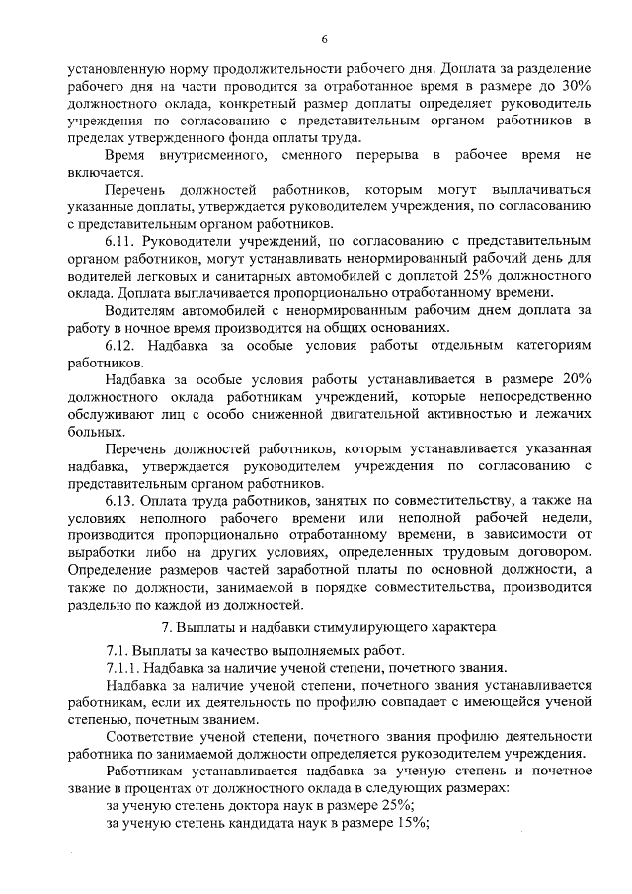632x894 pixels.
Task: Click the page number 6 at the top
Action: coord(323,39)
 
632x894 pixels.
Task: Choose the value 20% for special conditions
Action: coord(573,380)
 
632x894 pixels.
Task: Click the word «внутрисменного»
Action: coord(203,156)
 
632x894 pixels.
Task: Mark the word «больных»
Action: coord(97,433)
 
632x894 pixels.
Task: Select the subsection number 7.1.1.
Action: coord(124,667)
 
